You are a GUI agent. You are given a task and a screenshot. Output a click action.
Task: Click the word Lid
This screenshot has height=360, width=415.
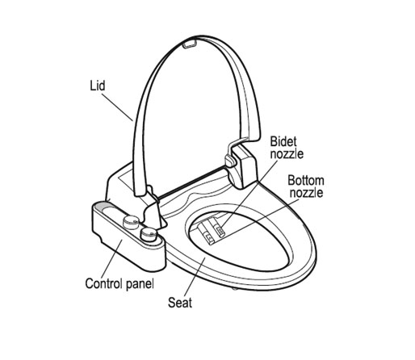(x=98, y=86)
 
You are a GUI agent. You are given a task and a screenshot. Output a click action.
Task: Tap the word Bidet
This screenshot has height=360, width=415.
(x=283, y=141)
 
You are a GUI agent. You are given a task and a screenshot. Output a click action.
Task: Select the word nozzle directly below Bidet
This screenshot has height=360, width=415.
(x=287, y=154)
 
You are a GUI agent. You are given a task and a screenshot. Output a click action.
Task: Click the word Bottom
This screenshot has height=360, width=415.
(x=306, y=180)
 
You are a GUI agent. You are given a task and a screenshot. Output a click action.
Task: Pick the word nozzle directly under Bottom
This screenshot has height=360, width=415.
(x=307, y=193)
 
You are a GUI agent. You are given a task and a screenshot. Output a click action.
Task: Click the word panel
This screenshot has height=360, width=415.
(x=140, y=284)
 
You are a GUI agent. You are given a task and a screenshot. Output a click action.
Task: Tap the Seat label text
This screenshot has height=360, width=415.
(x=180, y=303)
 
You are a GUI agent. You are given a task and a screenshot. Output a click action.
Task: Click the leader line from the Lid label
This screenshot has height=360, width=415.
(x=117, y=107)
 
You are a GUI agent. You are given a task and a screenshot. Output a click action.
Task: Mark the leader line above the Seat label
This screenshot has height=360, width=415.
(x=195, y=276)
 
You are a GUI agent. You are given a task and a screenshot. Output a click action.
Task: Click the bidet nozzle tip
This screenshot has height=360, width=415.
(x=220, y=230)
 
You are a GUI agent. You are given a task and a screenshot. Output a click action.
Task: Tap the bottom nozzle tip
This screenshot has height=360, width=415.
(x=208, y=237)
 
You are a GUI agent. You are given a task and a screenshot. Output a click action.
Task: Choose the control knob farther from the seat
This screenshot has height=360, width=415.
(x=131, y=222)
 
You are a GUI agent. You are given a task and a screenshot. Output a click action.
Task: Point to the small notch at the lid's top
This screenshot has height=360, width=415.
(x=190, y=44)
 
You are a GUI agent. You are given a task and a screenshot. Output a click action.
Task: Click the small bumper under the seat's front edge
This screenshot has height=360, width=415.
(x=235, y=289)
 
